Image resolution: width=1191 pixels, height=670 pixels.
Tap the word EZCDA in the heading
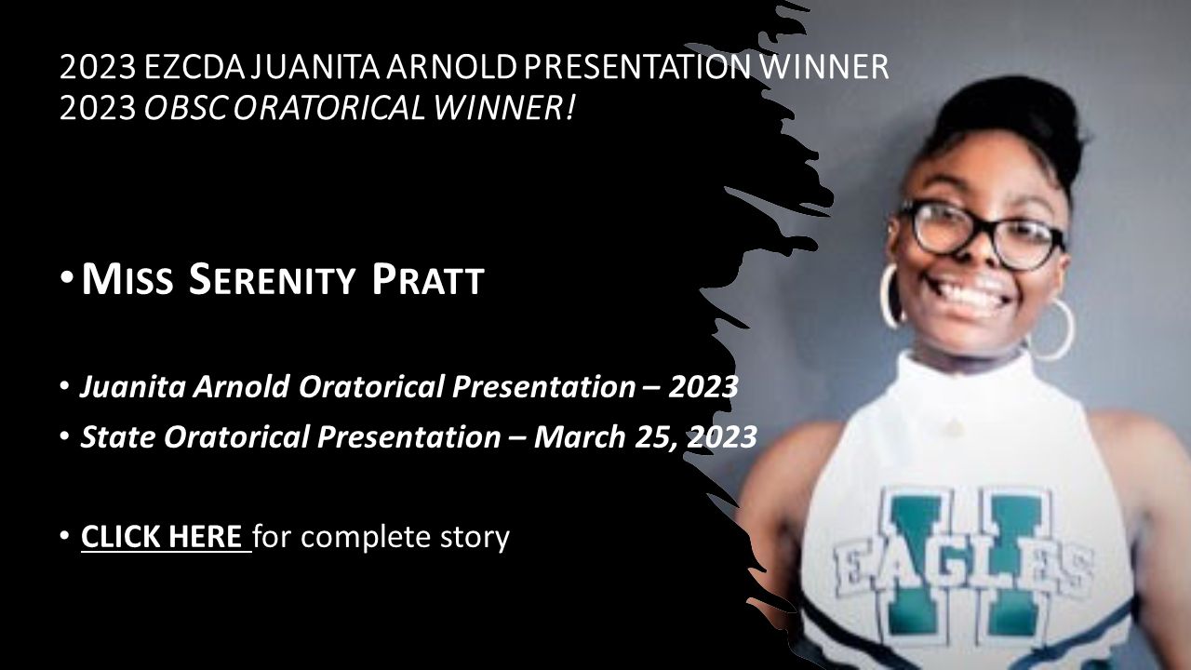point(194,67)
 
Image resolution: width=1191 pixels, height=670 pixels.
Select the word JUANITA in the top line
point(315,67)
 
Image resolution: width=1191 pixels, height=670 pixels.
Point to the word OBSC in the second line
point(185,108)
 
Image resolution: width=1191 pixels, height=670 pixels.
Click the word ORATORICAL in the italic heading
point(329,108)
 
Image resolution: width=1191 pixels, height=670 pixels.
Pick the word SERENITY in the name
point(272,279)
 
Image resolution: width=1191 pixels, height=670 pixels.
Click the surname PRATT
point(428,279)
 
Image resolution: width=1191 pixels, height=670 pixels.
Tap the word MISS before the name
point(127,279)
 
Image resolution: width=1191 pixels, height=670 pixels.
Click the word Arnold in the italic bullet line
point(241,386)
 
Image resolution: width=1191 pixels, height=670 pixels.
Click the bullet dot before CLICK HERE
point(64,537)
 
